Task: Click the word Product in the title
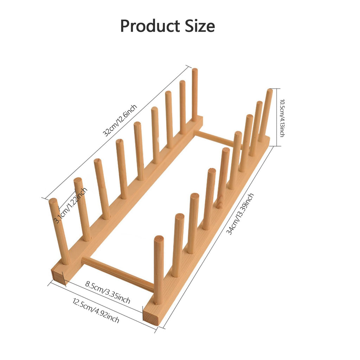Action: tap(150, 26)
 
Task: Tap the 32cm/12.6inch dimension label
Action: tap(120, 120)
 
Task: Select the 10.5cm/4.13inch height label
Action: tap(282, 118)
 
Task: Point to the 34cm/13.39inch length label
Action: tap(240, 214)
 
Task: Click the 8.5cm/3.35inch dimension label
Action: tap(108, 292)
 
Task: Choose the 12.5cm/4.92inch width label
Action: tap(96, 310)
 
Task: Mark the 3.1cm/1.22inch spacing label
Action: tap(70, 205)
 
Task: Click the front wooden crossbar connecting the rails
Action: tap(117, 274)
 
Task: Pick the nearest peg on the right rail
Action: tap(159, 270)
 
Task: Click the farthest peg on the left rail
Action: tap(195, 95)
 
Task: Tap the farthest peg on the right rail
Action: tap(266, 115)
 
